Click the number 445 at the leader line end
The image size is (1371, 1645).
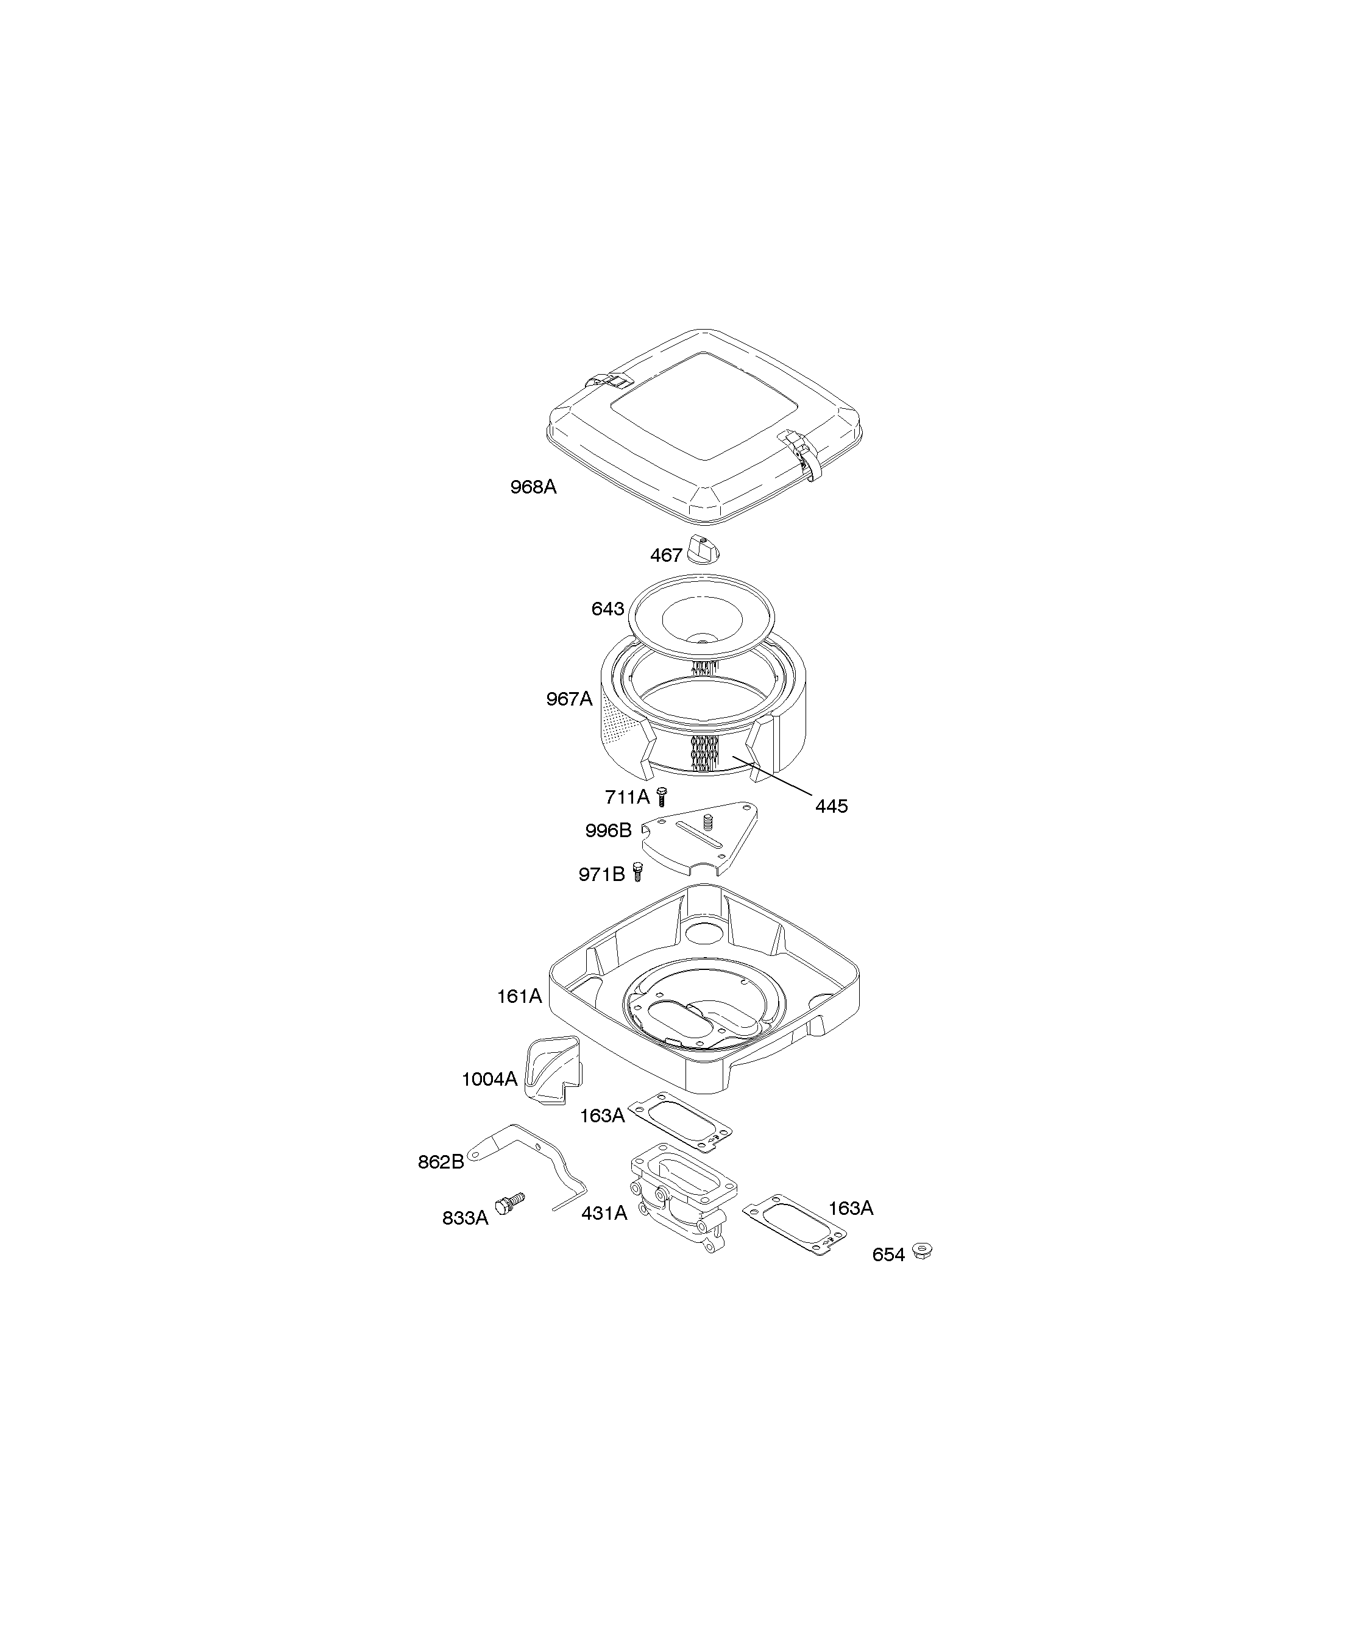pos(831,806)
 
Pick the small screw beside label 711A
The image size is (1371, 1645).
pos(661,798)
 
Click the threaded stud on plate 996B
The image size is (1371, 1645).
pos(707,822)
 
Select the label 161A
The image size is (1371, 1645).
pos(519,996)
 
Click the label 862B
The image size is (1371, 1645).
pos(441,1162)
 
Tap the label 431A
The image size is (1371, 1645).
pos(604,1214)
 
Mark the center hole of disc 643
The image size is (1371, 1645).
pos(702,642)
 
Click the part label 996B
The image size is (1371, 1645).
pos(608,830)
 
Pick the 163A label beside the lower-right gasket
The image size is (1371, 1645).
pos(851,1208)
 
